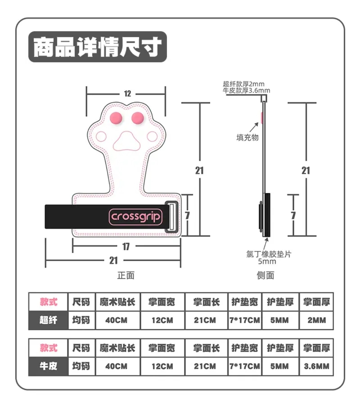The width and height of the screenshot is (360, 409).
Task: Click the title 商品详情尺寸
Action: pos(97,47)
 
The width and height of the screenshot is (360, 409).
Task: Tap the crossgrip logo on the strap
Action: pos(135,217)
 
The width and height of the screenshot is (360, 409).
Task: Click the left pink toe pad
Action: pos(116,117)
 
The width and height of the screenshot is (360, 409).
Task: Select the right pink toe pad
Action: pos(137,117)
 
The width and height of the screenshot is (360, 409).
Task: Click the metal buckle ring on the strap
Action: pos(172,216)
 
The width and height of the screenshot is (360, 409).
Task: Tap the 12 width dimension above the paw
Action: pos(127,94)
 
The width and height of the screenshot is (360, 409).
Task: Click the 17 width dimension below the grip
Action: pos(126,246)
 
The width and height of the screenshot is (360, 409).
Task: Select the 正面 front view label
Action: pos(126,275)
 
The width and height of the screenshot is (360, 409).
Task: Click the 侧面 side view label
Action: pos(265,275)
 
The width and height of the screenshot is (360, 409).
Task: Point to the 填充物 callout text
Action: pos(247,137)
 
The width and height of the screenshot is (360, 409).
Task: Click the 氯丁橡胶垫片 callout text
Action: pos(269,254)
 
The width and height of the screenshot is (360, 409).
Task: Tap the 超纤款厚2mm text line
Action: pos(243,84)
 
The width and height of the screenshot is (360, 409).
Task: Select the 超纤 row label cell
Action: pos(48,320)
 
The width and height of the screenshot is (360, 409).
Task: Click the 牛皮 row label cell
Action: pos(48,366)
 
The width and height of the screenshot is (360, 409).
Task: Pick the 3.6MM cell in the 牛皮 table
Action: pos(316,366)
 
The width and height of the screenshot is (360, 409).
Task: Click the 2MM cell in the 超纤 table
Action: pos(316,320)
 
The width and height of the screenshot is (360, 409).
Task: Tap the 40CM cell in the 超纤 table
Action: pos(116,320)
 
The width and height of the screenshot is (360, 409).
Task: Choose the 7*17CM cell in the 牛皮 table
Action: pos(245,366)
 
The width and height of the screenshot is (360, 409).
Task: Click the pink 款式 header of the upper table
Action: pos(48,302)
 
